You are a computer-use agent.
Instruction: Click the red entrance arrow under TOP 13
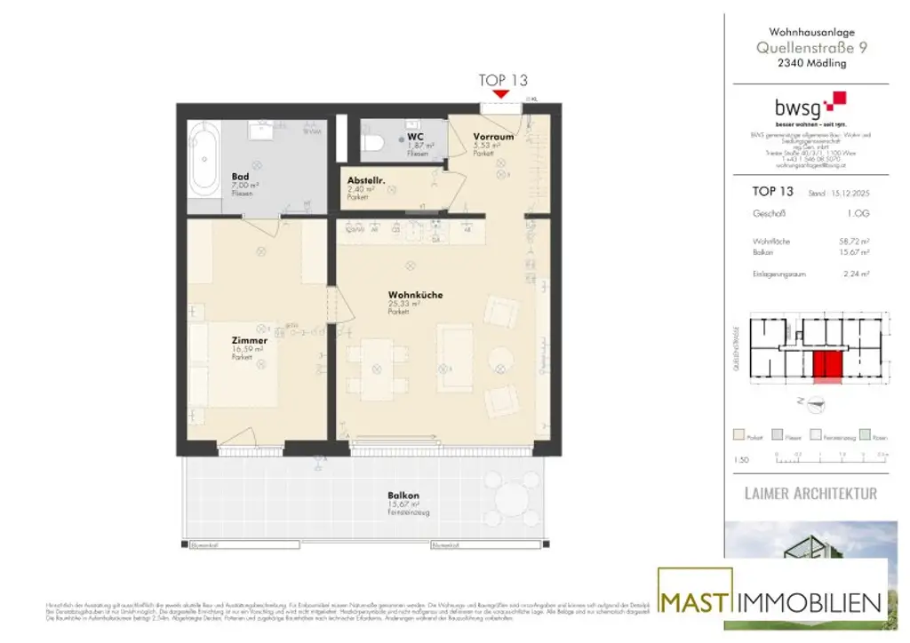(500, 93)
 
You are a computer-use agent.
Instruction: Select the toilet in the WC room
(377, 142)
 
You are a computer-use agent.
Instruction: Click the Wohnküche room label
(415, 295)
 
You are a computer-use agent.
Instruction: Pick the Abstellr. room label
(364, 180)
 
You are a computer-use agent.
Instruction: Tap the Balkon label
(403, 496)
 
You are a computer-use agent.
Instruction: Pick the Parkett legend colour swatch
(738, 436)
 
